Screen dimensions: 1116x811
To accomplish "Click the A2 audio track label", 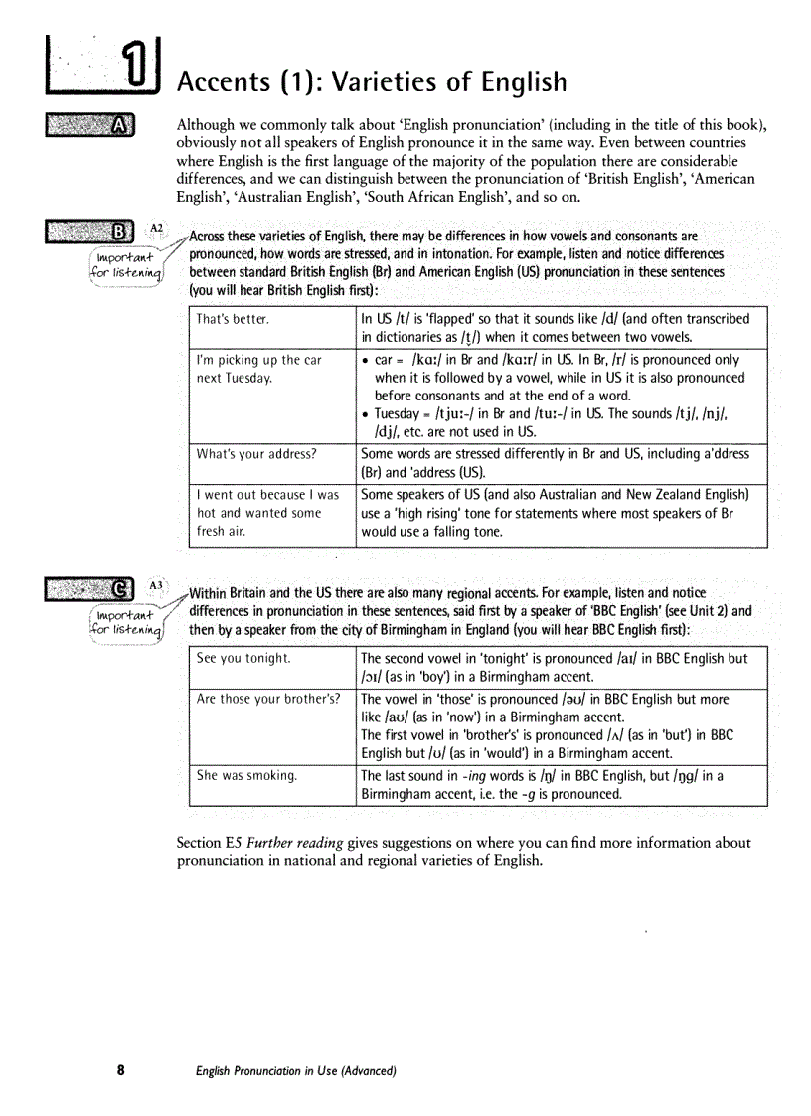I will tap(157, 227).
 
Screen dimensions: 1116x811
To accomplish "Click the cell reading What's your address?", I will tap(256, 454).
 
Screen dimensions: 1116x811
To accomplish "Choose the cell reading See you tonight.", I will tap(243, 659).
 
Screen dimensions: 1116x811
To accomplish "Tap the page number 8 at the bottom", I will tap(120, 1070).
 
